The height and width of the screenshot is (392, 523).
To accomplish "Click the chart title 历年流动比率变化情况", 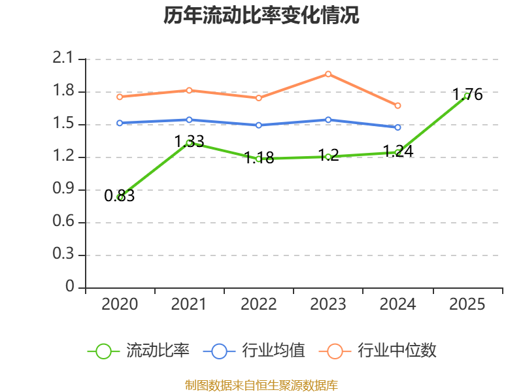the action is coord(261,15).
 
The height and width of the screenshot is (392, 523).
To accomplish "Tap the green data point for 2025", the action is coord(467,96).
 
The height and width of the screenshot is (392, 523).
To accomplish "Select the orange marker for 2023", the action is coord(328,74).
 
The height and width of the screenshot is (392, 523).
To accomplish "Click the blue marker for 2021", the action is coord(189,120).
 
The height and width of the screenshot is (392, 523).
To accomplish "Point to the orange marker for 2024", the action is coord(397,106).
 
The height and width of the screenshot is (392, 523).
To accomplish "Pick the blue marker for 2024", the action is coord(397,127).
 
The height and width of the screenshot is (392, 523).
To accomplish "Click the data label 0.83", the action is coord(120,195).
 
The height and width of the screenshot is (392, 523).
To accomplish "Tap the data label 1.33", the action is coord(189,141).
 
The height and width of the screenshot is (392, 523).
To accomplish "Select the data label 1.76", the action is coord(467,94).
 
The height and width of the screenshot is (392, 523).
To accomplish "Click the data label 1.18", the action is coord(259,157).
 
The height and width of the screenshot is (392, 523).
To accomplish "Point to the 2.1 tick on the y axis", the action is coord(63,58).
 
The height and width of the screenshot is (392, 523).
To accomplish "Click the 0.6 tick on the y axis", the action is coord(63,221).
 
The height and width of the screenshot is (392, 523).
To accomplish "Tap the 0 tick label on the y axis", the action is coord(69,286).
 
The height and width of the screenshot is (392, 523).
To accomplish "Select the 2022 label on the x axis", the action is coord(259,304).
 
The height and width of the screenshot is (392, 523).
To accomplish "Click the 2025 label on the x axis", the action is coord(467,304).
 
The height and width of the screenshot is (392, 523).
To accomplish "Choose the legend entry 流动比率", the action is coord(139,351).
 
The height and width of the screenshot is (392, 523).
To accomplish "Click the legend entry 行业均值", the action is coord(254,351).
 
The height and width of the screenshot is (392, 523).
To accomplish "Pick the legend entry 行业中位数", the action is coord(378,351).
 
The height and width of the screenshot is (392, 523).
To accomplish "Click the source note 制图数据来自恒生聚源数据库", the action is coord(261,385).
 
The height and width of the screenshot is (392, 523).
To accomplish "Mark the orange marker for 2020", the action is coord(120,97).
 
